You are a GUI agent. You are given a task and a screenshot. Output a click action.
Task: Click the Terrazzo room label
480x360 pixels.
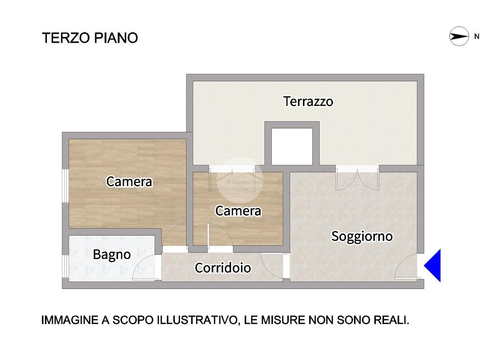[x=308, y=101]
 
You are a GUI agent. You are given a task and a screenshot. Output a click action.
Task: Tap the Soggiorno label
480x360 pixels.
[x=362, y=236]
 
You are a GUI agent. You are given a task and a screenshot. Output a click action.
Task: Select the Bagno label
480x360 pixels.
[x=112, y=255]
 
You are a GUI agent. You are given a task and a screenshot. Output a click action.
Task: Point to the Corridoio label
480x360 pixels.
[x=223, y=268]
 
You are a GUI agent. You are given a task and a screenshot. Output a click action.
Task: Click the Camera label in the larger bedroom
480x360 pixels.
[x=129, y=181]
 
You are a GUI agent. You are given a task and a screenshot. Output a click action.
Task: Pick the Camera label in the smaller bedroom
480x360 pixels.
[x=238, y=211]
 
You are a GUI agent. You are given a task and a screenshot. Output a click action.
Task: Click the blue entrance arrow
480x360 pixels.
[x=433, y=265]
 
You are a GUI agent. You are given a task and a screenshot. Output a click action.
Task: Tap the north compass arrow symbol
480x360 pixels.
[x=459, y=37]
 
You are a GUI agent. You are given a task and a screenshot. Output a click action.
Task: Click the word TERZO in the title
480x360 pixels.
[x=66, y=38]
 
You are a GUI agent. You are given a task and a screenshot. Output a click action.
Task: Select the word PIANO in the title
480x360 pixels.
[x=116, y=38]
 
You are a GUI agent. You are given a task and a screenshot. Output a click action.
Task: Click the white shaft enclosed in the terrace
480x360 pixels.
[x=292, y=146]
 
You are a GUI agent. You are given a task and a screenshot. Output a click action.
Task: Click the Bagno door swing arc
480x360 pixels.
[x=144, y=268]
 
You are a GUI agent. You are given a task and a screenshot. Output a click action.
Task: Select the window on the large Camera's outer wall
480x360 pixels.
[x=65, y=185]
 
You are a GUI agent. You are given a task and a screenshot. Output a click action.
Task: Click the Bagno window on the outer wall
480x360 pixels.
[x=65, y=266]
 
